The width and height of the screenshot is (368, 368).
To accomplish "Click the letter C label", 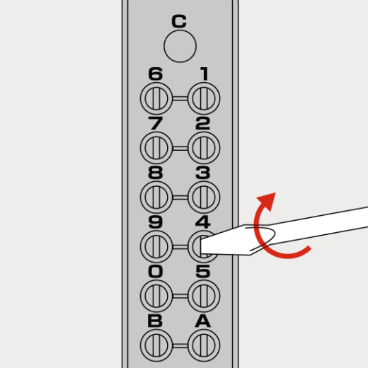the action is tap(179, 21).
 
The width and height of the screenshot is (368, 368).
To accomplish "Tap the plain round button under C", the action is tap(180, 46).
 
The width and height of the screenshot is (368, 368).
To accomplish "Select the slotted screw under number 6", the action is tap(156, 98).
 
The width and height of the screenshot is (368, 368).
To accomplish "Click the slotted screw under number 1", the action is tap(204, 98).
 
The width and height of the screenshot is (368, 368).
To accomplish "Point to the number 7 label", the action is tap(156, 123).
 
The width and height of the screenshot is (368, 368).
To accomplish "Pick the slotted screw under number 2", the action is tap(204, 148).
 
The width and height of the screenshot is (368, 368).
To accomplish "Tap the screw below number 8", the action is tap(156, 197).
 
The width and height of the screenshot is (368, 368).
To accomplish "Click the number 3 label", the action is tap(203, 173).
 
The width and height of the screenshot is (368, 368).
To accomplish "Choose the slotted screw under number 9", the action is tap(156, 246).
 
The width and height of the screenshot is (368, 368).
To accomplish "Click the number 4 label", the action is tap(203, 222).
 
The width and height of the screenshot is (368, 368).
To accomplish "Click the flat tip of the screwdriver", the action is tap(201, 246).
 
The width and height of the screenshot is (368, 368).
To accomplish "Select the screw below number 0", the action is tap(156, 296).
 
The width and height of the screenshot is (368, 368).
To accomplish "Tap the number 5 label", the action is tap(203, 271).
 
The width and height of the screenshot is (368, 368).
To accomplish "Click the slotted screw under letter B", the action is tap(156, 345).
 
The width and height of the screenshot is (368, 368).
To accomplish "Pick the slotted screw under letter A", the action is tap(204, 345).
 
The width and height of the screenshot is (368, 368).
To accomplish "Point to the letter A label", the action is tap(203, 321).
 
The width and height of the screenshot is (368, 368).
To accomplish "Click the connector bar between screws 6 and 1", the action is tap(180, 98).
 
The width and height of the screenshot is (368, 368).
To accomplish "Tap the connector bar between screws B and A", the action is tap(180, 345).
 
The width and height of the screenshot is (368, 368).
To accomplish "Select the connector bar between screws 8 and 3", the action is tap(180, 197).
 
